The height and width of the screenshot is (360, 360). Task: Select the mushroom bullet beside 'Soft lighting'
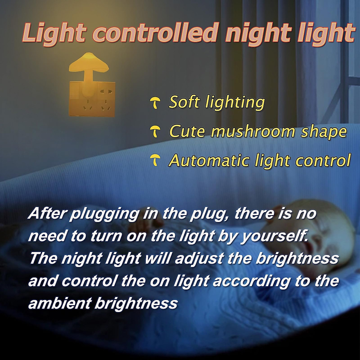click(x=155, y=103)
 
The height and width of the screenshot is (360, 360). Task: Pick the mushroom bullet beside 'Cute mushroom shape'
click(x=155, y=132)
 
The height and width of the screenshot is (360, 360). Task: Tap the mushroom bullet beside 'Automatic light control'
click(x=155, y=160)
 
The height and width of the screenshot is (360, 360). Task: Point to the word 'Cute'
click(x=188, y=131)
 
